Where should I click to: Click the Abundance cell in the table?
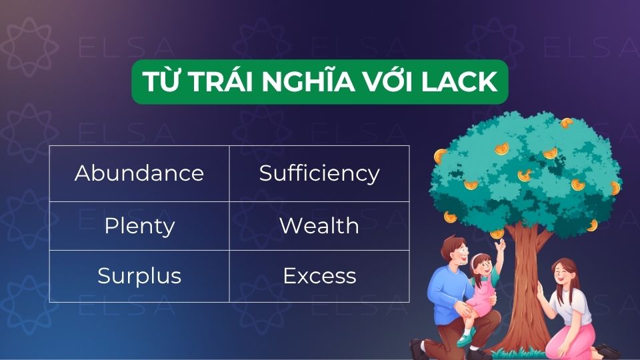(x=139, y=173)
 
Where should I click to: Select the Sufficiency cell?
(x=319, y=173)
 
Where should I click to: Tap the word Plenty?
(x=139, y=226)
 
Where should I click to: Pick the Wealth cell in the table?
(x=319, y=226)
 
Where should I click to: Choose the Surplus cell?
(x=139, y=276)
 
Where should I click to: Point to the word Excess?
(x=319, y=276)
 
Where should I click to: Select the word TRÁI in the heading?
(x=219, y=82)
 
